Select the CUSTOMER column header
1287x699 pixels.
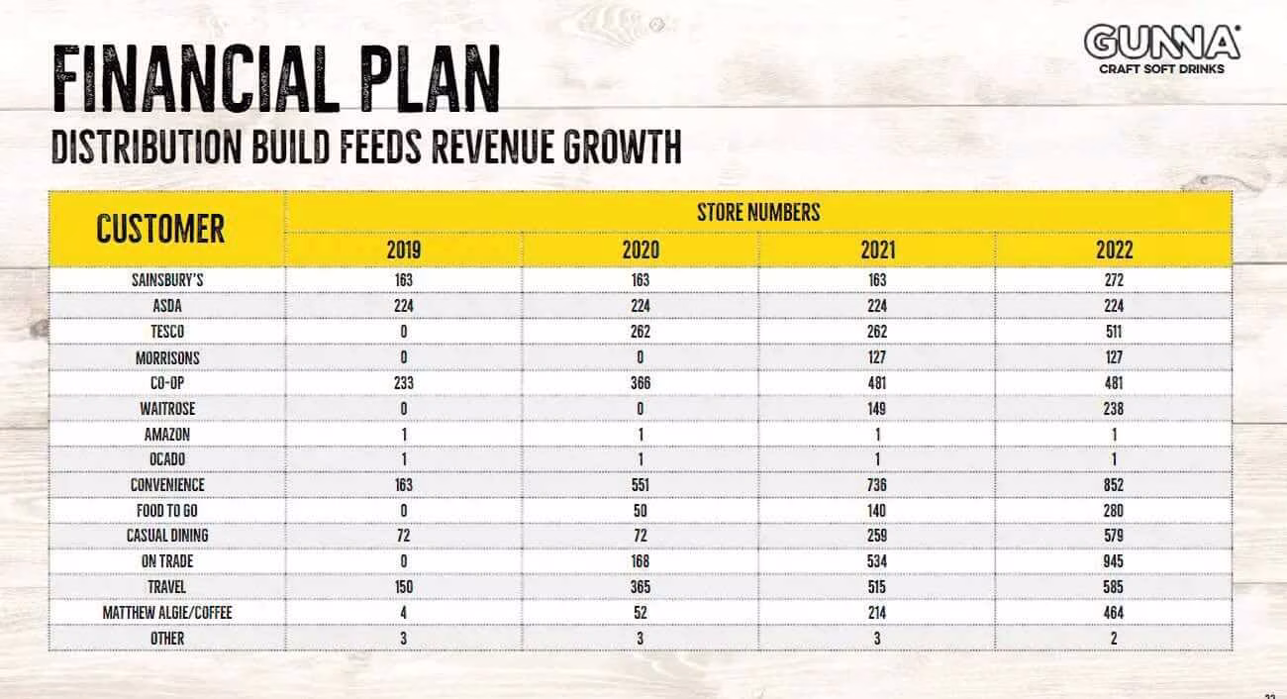pyautogui.click(x=160, y=229)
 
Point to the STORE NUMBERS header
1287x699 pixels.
pyautogui.click(x=758, y=212)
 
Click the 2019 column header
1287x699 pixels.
pyautogui.click(x=403, y=250)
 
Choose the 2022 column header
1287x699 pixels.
pyautogui.click(x=1114, y=250)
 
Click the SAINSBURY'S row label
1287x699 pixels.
pyautogui.click(x=167, y=280)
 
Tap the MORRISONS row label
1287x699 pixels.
pyautogui.click(x=167, y=357)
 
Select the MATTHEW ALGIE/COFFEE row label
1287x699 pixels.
pyautogui.click(x=167, y=613)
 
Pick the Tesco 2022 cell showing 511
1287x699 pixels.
pyautogui.click(x=1114, y=332)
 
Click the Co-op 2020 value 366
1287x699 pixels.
pyautogui.click(x=641, y=383)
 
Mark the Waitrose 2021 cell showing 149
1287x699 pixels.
pyautogui.click(x=877, y=409)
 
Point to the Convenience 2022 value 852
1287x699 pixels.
pyautogui.click(x=1114, y=485)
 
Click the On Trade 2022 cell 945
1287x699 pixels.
pyautogui.click(x=1114, y=561)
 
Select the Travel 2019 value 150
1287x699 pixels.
pyautogui.click(x=403, y=587)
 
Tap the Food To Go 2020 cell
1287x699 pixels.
pyautogui.click(x=641, y=511)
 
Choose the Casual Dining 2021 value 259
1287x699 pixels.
pyautogui.click(x=877, y=536)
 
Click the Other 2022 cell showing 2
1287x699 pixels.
pyautogui.click(x=1114, y=638)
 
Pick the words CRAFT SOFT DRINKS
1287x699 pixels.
pyautogui.click(x=1161, y=69)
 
